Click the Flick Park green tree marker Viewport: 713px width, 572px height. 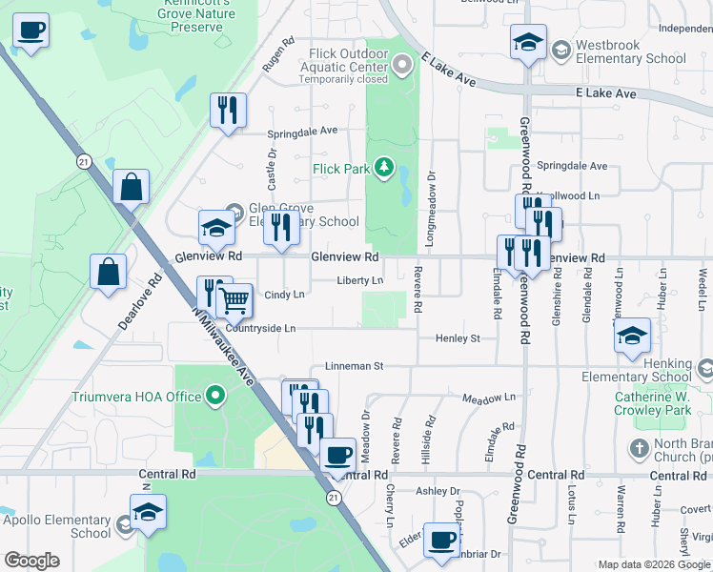coord(384,169)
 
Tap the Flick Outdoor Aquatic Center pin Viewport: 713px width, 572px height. coord(402,66)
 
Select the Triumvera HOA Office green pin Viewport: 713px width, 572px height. coord(216,395)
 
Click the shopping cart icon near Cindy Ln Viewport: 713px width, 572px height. coord(234,301)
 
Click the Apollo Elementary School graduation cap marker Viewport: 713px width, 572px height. coord(148,513)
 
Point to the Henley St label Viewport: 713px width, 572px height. coord(458,338)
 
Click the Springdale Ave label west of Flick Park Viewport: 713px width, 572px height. coord(302,131)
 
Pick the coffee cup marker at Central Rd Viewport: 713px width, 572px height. coord(336,456)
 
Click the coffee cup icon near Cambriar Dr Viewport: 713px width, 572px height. coord(441,541)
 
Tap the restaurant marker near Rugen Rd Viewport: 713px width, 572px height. coord(228,110)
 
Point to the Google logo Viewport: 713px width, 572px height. coord(31,561)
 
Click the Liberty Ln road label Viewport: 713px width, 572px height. coord(359,280)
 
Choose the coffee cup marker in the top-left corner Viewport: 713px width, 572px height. coord(31,31)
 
